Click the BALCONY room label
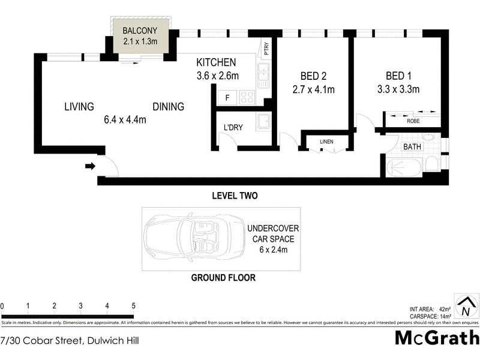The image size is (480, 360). point(140,31)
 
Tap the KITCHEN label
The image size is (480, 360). point(217,62)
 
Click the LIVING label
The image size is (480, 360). point(79,107)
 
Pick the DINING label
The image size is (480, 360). point(168,107)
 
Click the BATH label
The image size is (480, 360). point(412,146)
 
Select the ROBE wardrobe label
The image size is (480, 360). point(413,121)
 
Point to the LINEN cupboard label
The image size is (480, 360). point(326,142)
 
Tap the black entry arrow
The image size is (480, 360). point(90,166)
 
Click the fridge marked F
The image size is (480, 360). point(227,97)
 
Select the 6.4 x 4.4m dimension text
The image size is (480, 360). point(125,119)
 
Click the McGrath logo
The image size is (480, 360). point(436,338)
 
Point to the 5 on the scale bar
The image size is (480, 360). point(133,306)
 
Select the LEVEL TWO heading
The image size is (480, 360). point(235,196)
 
